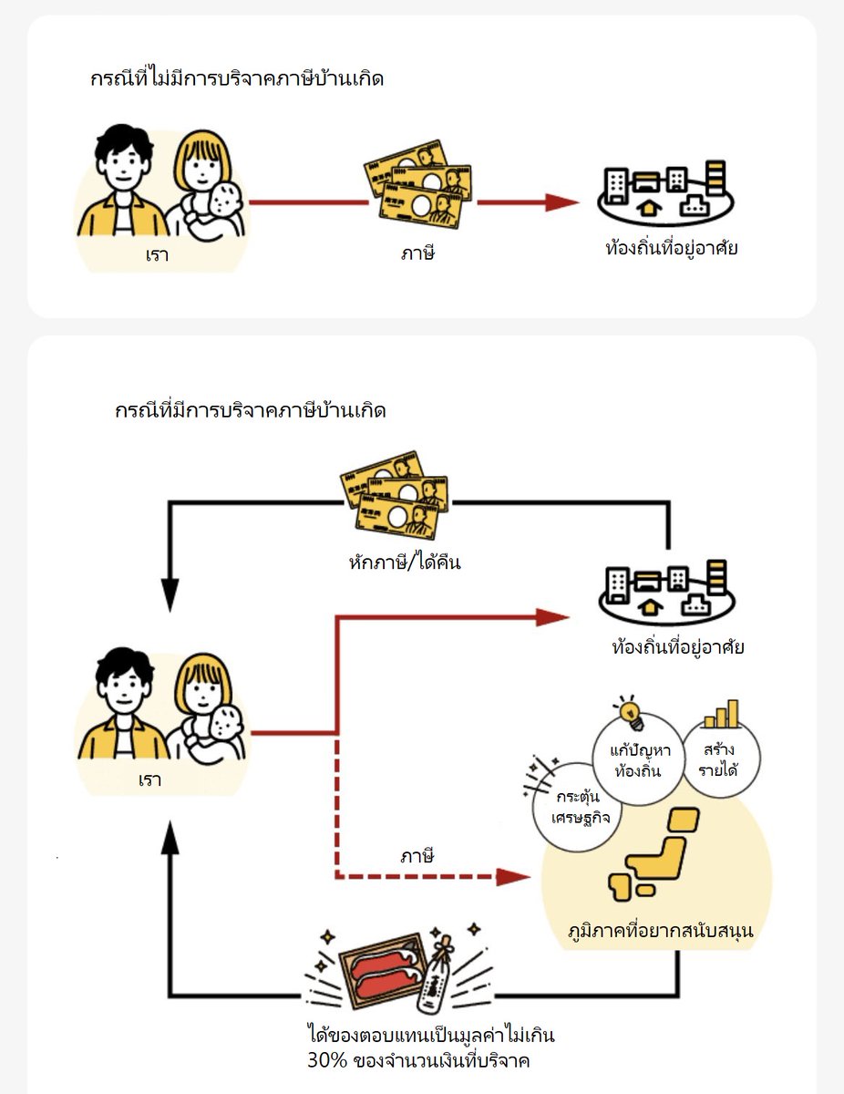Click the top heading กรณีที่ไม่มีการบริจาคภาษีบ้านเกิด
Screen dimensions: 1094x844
[236, 79]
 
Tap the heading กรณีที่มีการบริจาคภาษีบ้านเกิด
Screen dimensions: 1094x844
[250, 411]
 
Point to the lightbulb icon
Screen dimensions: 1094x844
[628, 712]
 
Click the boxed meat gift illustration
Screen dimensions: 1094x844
[383, 969]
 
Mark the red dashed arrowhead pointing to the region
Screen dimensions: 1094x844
[513, 877]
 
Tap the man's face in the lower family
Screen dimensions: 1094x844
[123, 687]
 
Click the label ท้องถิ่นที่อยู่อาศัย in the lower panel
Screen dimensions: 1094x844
[678, 648]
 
